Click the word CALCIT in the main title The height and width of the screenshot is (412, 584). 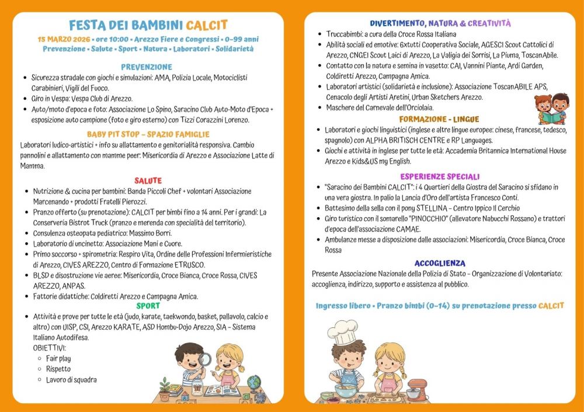click(x=207, y=25)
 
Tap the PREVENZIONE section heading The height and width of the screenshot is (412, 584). click(x=147, y=67)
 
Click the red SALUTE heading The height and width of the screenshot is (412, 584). click(x=148, y=181)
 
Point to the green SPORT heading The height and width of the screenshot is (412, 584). click(x=148, y=306)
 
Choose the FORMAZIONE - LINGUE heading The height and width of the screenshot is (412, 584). click(x=440, y=120)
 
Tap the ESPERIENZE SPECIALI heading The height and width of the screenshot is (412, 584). click(x=440, y=177)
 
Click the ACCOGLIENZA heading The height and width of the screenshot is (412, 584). click(x=440, y=264)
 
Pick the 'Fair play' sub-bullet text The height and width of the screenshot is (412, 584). click(x=58, y=358)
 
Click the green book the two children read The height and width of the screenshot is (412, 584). click(x=551, y=117)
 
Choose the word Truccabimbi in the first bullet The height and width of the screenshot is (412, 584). click(x=345, y=34)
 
